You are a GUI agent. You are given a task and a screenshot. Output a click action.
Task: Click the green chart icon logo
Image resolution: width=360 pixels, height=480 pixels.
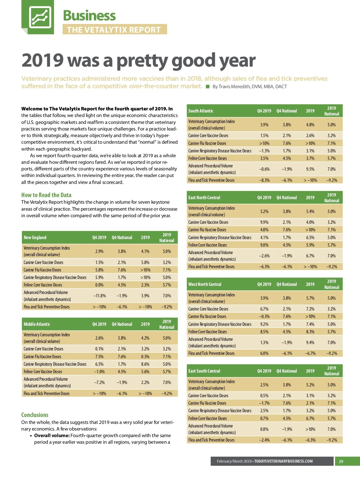point(40,17)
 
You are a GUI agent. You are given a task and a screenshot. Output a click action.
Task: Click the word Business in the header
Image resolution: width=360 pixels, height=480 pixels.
point(89,16)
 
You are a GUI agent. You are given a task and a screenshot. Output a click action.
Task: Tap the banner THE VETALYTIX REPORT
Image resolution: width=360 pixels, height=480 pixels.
point(114,30)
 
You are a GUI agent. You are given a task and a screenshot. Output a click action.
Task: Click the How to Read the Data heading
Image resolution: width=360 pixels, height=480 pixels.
point(46,195)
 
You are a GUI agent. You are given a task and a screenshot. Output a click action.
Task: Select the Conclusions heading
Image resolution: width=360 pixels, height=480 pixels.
point(35,415)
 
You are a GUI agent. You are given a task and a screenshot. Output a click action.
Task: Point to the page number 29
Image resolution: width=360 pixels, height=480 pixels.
point(341,461)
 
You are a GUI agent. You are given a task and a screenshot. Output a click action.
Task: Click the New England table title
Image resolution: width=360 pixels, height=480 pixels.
point(35,238)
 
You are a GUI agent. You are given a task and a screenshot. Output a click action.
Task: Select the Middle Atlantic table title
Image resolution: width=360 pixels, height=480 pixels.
point(37,324)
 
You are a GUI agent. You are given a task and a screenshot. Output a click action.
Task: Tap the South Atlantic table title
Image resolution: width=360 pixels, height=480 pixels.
point(201,111)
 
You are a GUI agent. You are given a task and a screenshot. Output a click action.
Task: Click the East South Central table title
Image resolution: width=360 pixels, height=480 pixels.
point(204,371)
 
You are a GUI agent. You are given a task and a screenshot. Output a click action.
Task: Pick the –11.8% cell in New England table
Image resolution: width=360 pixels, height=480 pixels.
point(99,296)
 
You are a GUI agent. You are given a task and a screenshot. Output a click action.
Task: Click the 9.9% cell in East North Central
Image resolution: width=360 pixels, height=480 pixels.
point(264,222)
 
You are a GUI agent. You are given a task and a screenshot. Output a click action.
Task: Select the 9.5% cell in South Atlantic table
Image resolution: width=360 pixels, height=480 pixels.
point(310,169)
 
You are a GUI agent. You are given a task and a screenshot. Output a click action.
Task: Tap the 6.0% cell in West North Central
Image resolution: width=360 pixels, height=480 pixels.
point(264,353)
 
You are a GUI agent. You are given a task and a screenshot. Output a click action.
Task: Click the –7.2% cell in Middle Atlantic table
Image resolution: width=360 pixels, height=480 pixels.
point(99,382)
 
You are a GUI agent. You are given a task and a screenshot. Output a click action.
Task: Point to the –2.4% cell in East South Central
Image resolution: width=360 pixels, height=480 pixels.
point(264,440)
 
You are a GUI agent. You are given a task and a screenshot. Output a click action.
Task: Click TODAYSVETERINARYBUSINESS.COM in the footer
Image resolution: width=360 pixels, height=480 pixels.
point(283,461)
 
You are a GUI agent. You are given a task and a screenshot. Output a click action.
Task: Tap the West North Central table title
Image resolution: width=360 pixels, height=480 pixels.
point(205,284)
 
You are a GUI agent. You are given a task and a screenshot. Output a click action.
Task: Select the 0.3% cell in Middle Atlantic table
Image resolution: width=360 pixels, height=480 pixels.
point(145,357)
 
